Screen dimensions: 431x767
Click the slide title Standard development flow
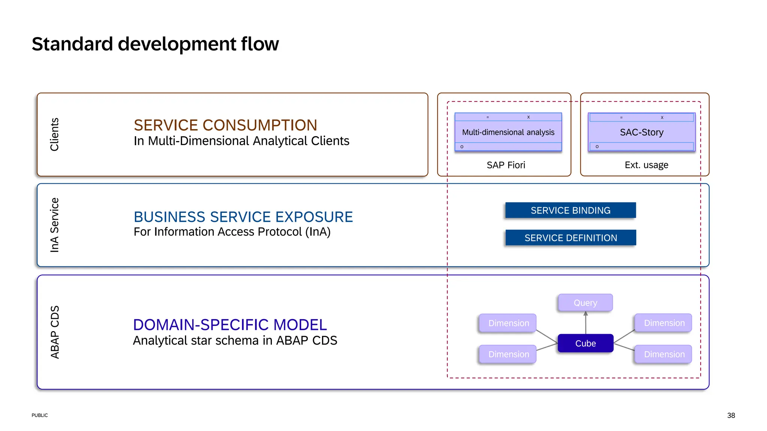155,44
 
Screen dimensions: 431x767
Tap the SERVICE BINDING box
570,210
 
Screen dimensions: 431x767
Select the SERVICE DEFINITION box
570,238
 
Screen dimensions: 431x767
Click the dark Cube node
585,343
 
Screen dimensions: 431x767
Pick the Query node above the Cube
585,303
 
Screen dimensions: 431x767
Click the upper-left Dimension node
508,323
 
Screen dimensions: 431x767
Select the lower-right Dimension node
664,354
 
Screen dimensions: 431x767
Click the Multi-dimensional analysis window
508,132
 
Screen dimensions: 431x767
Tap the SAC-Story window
642,132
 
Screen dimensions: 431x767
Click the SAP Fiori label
506,165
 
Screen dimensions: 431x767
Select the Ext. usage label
646,165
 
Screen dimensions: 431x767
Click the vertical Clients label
55,134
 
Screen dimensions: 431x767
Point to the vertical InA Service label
55,225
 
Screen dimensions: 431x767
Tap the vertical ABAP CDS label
55,332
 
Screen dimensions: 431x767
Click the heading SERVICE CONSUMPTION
225,125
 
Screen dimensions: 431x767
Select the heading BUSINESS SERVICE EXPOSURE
243,217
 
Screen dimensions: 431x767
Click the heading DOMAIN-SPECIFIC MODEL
230,325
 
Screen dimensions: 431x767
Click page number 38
731,415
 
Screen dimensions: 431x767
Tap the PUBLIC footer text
40,415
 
